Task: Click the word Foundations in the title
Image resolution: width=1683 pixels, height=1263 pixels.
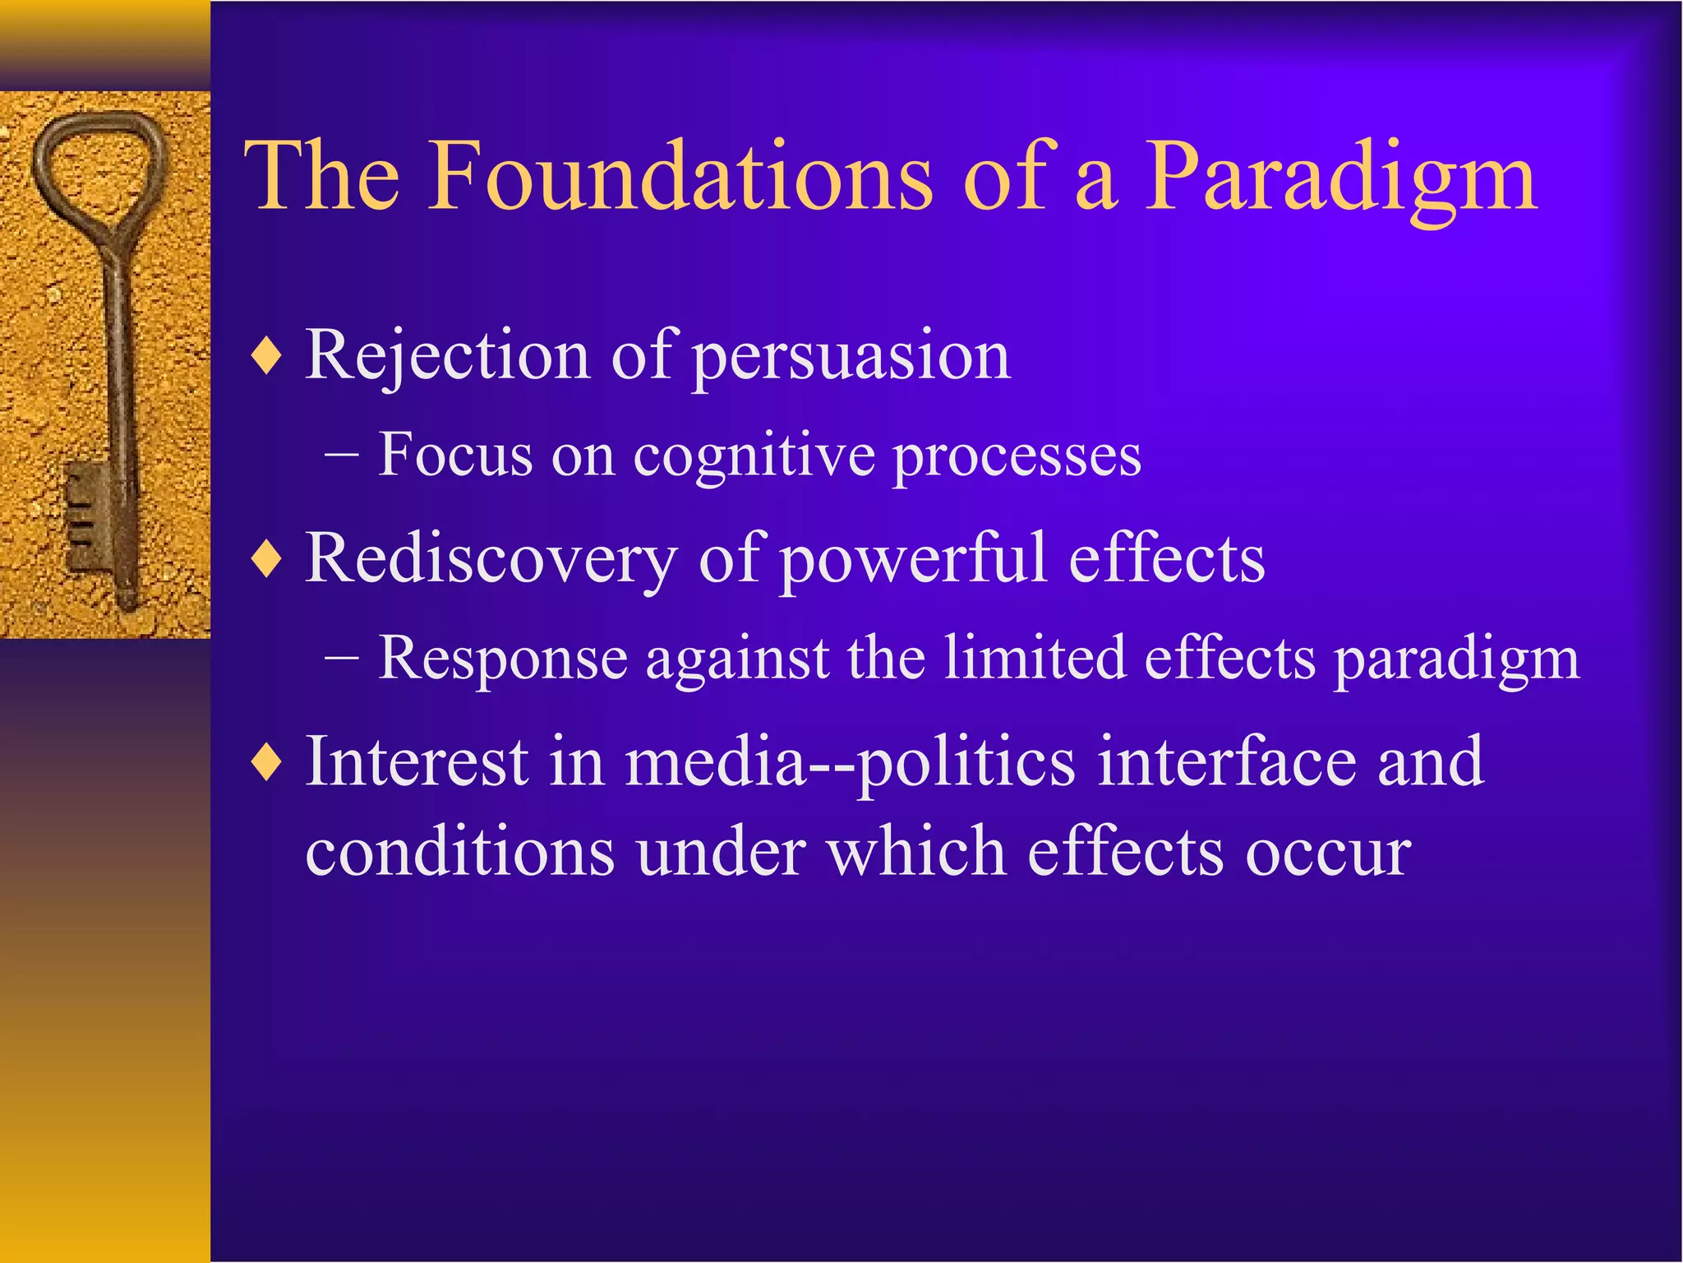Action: coord(682,176)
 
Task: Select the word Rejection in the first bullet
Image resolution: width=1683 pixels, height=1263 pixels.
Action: coord(447,357)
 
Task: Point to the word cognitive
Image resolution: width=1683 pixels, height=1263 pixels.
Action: coord(754,457)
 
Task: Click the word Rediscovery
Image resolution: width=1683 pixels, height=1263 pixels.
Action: coord(491,559)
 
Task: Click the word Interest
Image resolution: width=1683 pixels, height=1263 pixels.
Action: coord(416,761)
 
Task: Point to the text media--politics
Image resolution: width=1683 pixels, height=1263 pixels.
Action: coord(850,763)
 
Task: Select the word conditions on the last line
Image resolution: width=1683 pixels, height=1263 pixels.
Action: coord(459,852)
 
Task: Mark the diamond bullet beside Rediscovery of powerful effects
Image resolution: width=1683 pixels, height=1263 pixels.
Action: coord(268,561)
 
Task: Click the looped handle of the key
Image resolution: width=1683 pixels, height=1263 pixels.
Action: coord(99,169)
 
